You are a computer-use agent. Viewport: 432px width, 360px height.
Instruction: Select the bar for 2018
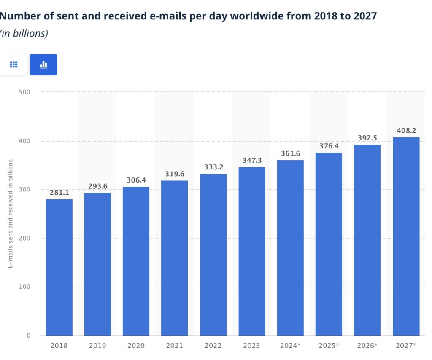(59, 267)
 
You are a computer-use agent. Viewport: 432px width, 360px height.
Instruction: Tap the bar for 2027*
(406, 236)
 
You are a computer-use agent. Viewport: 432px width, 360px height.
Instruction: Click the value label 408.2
(406, 131)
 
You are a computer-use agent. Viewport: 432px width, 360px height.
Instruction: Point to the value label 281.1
(59, 193)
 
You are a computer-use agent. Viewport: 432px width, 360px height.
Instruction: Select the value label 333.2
(213, 167)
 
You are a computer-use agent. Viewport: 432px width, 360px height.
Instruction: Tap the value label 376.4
(329, 146)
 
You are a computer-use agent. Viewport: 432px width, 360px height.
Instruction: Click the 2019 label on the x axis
(97, 346)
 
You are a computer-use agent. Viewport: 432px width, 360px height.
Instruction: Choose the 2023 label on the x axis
(251, 346)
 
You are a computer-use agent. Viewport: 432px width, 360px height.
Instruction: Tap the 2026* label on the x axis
(367, 346)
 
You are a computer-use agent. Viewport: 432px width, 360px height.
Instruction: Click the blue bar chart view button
(43, 64)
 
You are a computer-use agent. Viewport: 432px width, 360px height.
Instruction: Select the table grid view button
(13, 64)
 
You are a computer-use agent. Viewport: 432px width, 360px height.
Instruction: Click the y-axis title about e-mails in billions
(11, 214)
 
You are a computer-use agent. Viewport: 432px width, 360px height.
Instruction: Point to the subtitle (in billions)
(24, 34)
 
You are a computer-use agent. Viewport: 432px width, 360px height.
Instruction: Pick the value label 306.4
(136, 180)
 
